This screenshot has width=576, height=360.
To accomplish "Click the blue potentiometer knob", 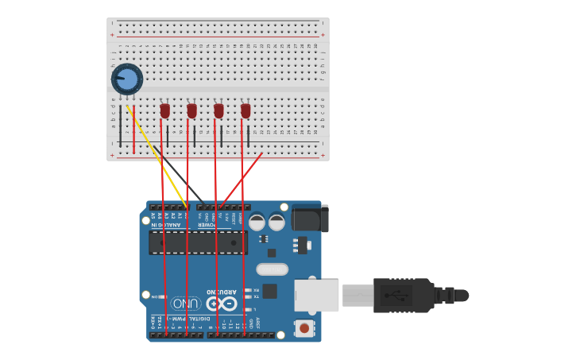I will click(127, 79).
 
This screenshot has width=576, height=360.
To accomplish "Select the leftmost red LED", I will click(165, 110).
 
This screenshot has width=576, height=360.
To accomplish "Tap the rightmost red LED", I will click(245, 110).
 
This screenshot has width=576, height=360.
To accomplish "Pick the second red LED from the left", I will click(191, 110).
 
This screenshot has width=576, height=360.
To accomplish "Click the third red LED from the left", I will click(218, 110).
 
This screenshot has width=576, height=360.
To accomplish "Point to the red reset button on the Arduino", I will click(304, 327).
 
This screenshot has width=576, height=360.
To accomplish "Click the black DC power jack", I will click(310, 218).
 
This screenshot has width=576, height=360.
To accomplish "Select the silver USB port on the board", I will click(316, 295).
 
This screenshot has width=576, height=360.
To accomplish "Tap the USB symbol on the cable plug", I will click(396, 296).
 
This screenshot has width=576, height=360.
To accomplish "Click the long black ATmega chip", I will click(198, 242).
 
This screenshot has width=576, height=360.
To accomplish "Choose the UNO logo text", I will click(184, 304).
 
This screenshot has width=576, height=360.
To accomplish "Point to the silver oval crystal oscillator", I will click(272, 269).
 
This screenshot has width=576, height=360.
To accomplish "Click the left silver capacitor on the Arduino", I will click(257, 223).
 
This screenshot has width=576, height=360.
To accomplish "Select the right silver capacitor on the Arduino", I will click(276, 223).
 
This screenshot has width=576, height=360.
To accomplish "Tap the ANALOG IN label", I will click(167, 224).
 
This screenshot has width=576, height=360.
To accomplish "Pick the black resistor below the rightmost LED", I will click(248, 135).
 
